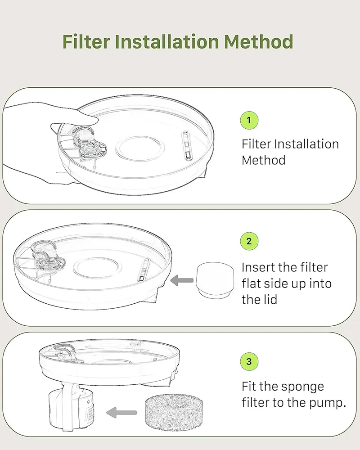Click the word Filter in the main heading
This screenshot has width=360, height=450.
[86, 41]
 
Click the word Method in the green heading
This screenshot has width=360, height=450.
[258, 41]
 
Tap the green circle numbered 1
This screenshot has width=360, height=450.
[249, 120]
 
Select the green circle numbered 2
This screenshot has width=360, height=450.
[249, 241]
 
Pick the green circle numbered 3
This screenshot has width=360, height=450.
[249, 362]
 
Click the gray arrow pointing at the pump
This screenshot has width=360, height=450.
[121, 413]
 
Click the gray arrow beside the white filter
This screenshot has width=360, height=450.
[182, 280]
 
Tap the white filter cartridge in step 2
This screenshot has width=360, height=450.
[215, 280]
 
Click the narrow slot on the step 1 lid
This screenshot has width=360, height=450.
[186, 145]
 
